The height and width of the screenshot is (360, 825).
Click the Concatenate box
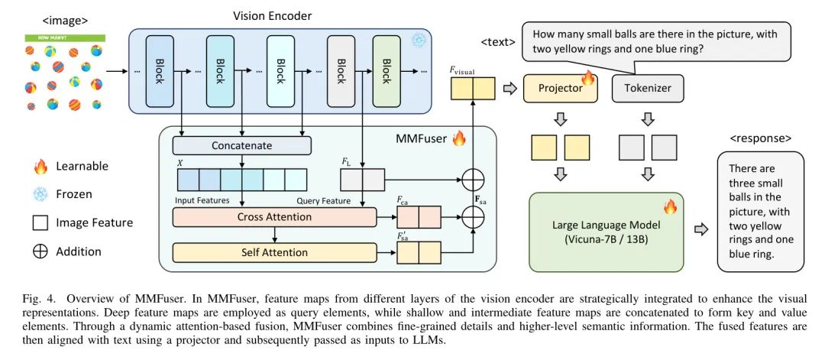tap(242, 144)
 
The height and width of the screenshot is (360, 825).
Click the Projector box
tap(560, 88)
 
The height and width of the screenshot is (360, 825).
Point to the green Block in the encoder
tap(386, 70)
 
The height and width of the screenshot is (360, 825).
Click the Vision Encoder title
tap(272, 15)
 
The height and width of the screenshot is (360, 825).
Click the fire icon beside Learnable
tap(40, 166)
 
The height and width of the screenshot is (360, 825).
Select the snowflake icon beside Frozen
tap(40, 194)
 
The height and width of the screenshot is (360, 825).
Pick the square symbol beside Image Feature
tap(40, 223)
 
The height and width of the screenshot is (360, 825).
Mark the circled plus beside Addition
tap(40, 251)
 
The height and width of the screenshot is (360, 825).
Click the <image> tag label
tap(64, 21)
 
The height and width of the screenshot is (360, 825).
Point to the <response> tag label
tap(760, 138)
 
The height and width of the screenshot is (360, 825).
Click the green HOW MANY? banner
tap(64, 36)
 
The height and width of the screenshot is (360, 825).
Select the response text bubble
tap(760, 211)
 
